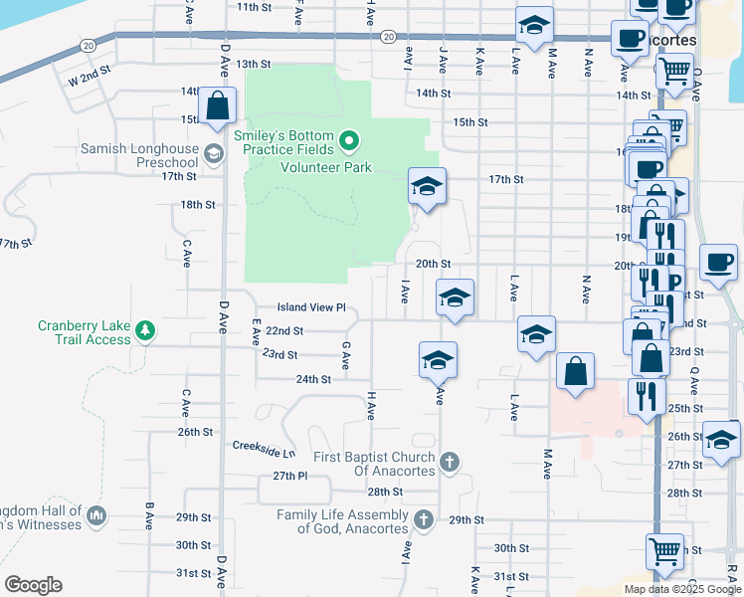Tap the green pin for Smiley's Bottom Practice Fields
tap(348, 141)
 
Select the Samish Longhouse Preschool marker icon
tap(213, 153)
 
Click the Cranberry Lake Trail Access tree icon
tap(145, 329)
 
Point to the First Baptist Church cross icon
tap(450, 462)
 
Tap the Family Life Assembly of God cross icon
tap(424, 519)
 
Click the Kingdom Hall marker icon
tap(96, 515)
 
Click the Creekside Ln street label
tap(264, 448)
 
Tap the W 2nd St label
tap(88, 76)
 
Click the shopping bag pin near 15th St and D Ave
tap(217, 106)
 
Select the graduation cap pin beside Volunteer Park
tap(427, 186)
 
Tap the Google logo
tap(33, 585)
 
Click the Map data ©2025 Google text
tap(682, 589)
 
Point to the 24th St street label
tap(312, 379)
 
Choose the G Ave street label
tap(345, 355)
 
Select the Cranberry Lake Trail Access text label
tap(85, 332)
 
